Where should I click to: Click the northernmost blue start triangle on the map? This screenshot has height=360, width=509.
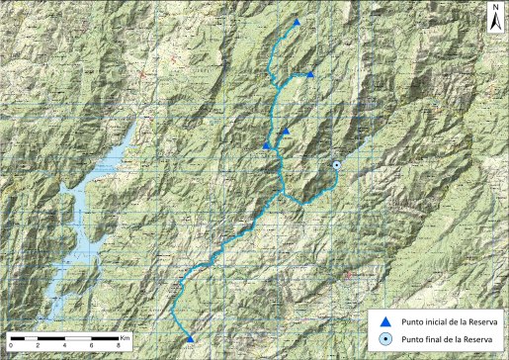[x=297, y=22]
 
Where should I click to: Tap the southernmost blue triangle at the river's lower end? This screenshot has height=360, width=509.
[x=190, y=339]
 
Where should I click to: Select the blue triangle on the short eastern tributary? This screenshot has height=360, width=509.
[x=310, y=74]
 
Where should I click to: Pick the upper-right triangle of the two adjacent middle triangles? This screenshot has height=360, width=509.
[x=285, y=131]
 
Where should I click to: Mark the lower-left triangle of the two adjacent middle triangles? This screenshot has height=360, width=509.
[x=266, y=146]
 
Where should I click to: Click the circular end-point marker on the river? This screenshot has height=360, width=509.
[x=337, y=165]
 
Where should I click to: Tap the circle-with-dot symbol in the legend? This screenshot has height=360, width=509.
[x=386, y=339]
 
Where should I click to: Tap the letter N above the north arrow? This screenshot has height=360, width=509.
[x=494, y=6]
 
